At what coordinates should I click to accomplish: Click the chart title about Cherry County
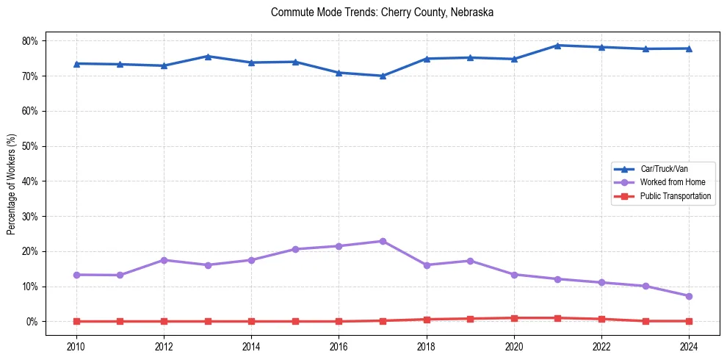[382, 12]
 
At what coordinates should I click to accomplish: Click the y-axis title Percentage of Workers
[11, 184]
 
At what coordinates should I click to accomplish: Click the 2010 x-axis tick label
[76, 345]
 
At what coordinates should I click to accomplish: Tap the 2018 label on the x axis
[427, 345]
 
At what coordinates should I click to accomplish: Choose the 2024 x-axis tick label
[690, 345]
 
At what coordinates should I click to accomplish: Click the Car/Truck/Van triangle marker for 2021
[558, 46]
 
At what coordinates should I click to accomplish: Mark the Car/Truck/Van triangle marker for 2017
[383, 76]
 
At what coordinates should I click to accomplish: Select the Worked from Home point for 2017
[383, 241]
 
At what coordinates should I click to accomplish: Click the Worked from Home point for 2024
[690, 296]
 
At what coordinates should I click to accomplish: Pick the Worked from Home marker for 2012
[164, 260]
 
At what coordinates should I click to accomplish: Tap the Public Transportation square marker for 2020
[514, 318]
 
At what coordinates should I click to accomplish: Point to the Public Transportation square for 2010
[76, 321]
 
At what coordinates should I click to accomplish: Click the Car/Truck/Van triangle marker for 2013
[207, 56]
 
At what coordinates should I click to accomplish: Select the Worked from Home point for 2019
[471, 261]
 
